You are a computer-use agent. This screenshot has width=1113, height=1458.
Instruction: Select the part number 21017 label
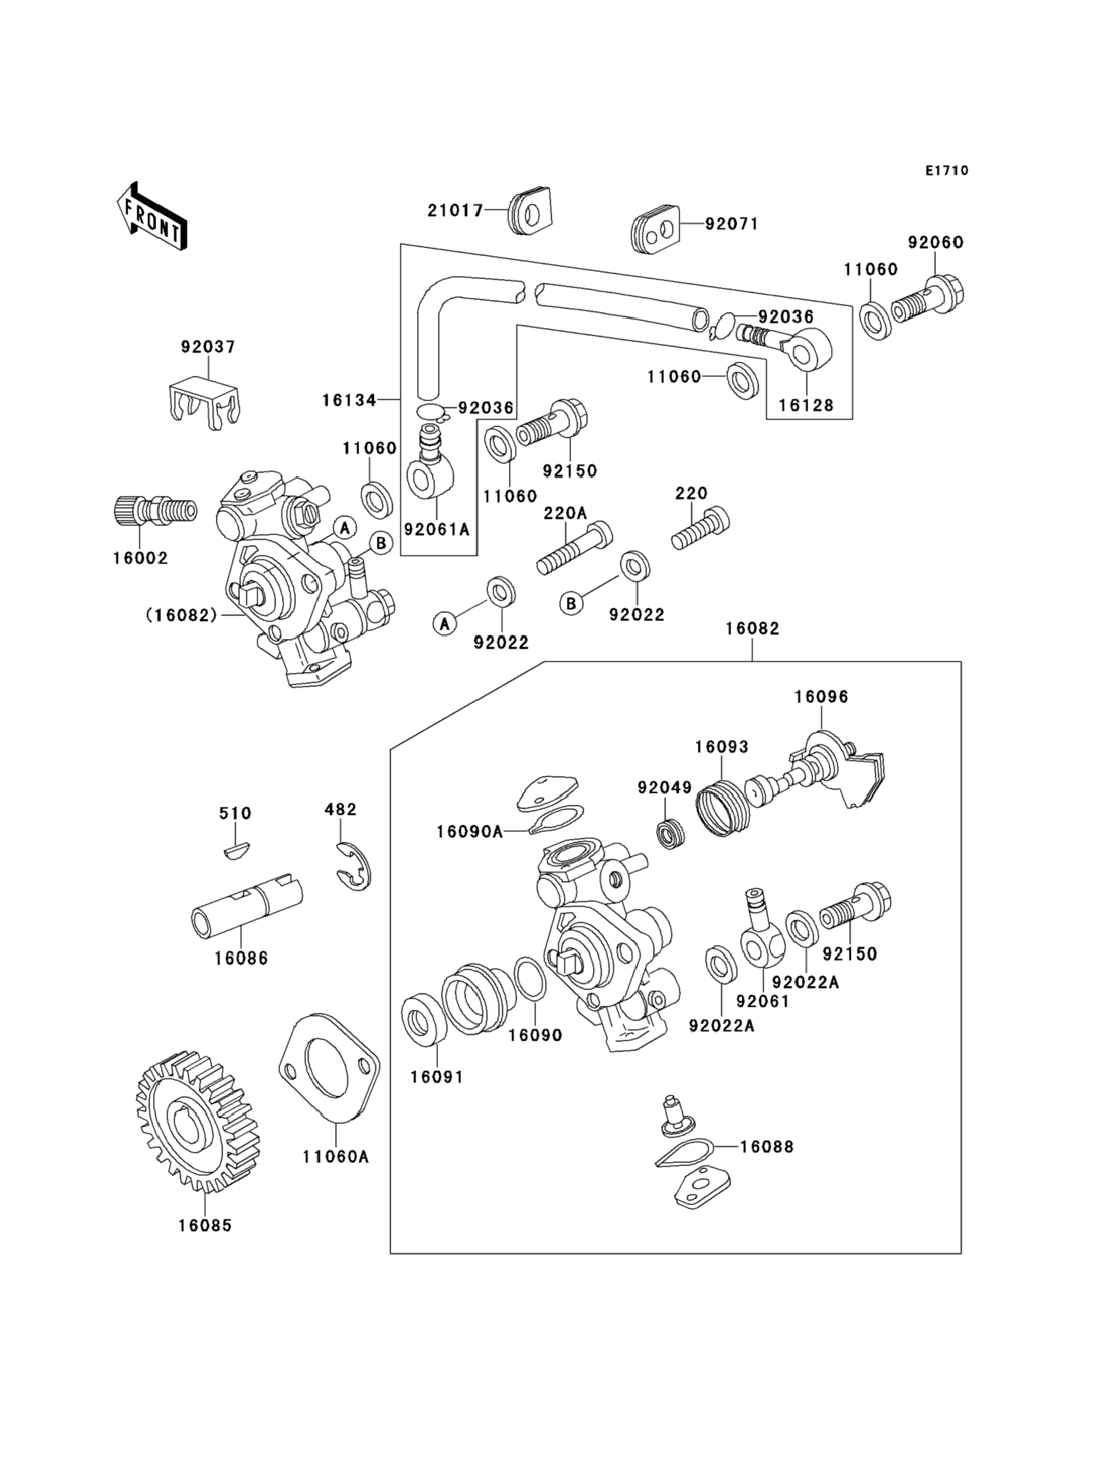pyautogui.click(x=455, y=210)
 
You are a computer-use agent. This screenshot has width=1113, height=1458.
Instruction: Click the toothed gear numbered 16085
pyautogui.click(x=197, y=1121)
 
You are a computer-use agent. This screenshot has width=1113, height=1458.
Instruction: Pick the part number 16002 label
pyautogui.click(x=140, y=558)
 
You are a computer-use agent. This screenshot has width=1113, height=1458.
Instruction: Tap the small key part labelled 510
pyautogui.click(x=236, y=850)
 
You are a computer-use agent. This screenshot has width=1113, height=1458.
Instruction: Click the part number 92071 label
pyautogui.click(x=731, y=224)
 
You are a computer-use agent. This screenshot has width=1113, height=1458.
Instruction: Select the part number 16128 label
pyautogui.click(x=806, y=405)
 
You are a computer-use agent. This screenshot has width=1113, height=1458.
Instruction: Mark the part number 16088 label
pyautogui.click(x=766, y=1146)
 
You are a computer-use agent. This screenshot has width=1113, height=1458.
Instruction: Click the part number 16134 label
pyautogui.click(x=349, y=400)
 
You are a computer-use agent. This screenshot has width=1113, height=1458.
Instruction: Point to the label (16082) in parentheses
pyautogui.click(x=181, y=615)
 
